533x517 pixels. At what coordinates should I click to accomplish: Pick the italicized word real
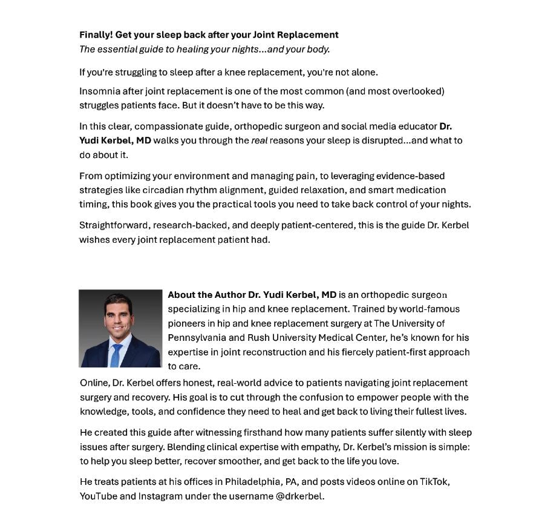click(x=259, y=140)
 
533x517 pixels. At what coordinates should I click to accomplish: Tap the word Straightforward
click(x=115, y=225)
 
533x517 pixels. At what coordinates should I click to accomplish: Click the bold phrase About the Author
click(x=206, y=295)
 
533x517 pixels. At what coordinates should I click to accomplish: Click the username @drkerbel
click(x=299, y=496)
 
